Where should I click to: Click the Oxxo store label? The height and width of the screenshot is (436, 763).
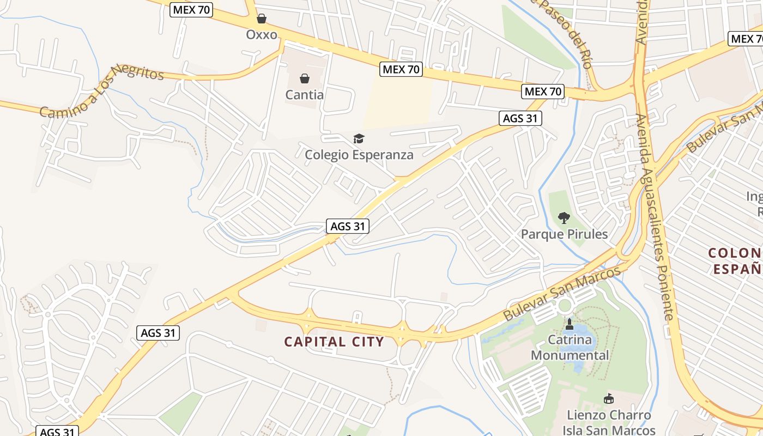pos(262,35)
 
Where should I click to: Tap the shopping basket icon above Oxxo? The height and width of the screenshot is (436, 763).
pos(262,19)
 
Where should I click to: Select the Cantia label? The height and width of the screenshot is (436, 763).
pos(305,95)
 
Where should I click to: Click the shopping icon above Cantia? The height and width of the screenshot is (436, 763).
pos(305,79)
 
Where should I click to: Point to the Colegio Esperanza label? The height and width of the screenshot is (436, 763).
pos(359,155)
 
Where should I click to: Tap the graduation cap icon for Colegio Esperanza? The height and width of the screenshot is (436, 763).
pos(359,139)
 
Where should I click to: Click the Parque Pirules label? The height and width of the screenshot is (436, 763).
pos(564,234)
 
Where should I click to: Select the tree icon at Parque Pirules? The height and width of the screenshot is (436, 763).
pos(564,218)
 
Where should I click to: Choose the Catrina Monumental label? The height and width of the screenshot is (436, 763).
pos(570,348)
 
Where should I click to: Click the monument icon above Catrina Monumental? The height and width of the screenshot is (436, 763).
pos(570,325)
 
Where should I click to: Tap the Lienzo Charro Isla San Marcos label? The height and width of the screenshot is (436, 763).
pos(608,422)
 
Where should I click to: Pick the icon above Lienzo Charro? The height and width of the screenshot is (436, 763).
pos(608,399)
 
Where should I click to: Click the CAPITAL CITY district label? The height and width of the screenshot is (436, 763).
pos(334,342)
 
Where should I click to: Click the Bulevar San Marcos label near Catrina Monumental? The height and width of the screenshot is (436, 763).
pos(562,293)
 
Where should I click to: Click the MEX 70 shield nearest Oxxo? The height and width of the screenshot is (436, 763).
pos(191,9)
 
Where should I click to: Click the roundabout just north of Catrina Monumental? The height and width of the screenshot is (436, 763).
pos(564,305)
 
